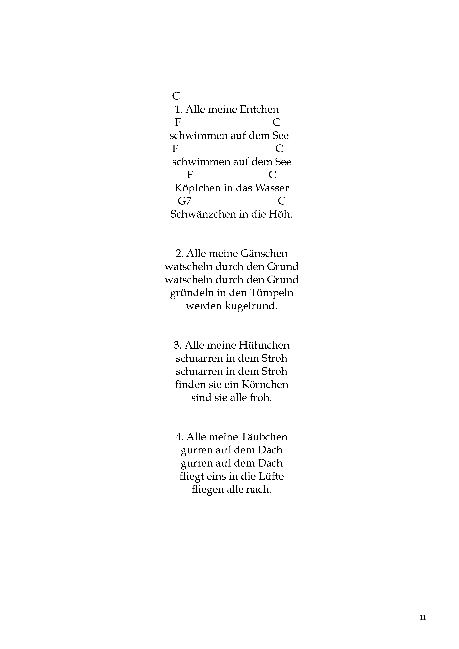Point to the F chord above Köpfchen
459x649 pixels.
pos(190,175)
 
